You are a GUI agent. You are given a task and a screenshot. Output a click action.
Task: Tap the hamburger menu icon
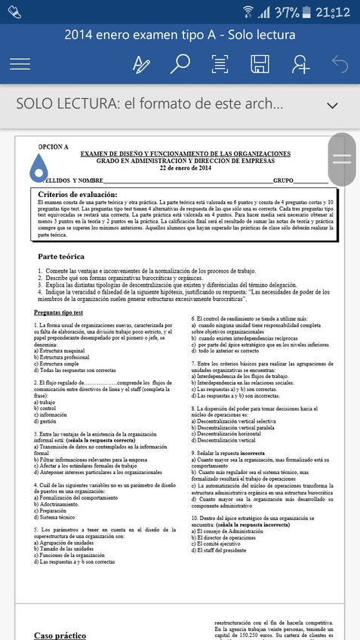coord(20,64)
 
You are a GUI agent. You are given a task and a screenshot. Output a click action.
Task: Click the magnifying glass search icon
coord(180,64)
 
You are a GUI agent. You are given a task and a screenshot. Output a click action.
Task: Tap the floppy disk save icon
coord(260,64)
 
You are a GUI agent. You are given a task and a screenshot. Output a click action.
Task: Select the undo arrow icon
coord(340,64)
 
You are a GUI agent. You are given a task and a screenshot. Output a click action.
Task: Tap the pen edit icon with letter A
coord(141,65)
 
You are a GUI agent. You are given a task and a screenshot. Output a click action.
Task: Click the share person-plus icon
coord(300,64)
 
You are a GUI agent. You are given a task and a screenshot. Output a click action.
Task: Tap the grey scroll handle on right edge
coord(342,158)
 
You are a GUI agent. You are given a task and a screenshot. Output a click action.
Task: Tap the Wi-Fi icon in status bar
coord(247,11)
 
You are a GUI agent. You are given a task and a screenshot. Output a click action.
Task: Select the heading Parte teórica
coord(66,257)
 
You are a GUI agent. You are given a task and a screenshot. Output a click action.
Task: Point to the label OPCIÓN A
coord(53,146)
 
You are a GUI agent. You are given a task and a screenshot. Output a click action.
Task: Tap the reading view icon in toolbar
coord(220,64)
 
